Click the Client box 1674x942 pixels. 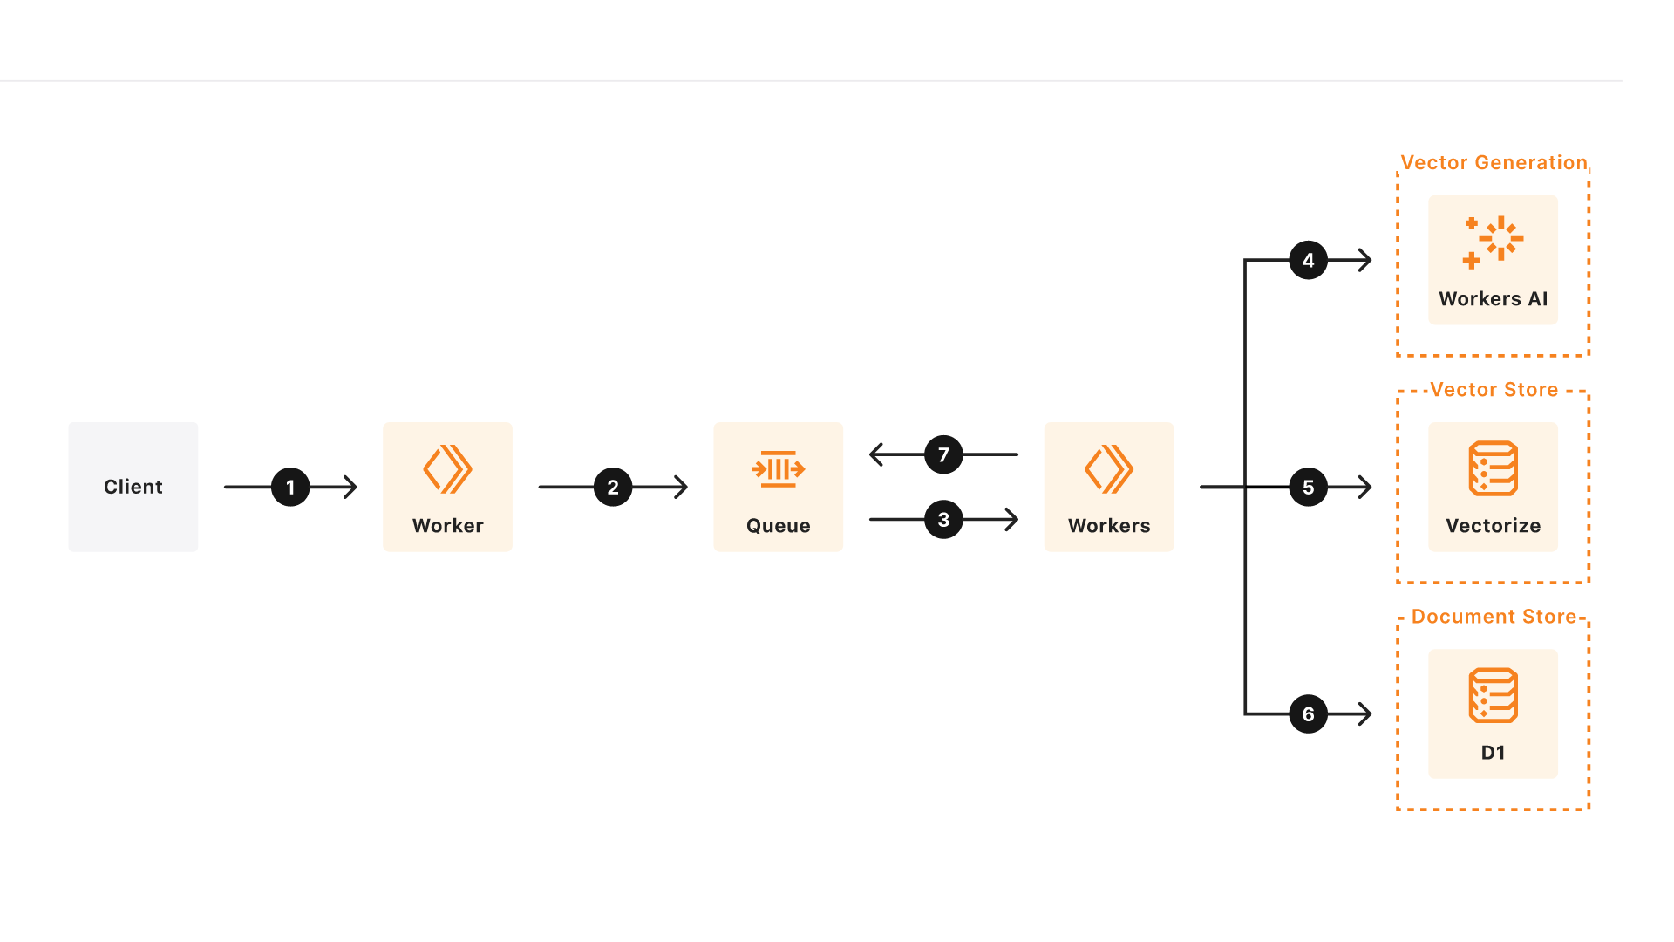[133, 487]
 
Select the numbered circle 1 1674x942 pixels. [290, 487]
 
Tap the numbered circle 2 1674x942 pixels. [613, 487]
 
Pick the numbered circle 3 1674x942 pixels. [943, 520]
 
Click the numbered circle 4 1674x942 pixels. [1308, 260]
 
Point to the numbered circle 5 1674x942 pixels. [1308, 487]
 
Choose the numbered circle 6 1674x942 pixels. [1308, 713]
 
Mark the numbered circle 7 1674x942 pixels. [943, 454]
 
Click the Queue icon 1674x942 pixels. [778, 469]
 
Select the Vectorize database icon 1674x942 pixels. [1493, 468]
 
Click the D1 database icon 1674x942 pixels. [1493, 695]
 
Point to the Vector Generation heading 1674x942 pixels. [1494, 163]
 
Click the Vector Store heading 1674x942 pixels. [1494, 390]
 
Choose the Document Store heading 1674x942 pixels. [1494, 617]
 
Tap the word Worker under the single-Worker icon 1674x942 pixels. [447, 526]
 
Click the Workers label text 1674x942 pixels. [1109, 526]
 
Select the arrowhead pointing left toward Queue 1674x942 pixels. [877, 454]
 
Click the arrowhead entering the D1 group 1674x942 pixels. [1365, 713]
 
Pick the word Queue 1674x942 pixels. [778, 526]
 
